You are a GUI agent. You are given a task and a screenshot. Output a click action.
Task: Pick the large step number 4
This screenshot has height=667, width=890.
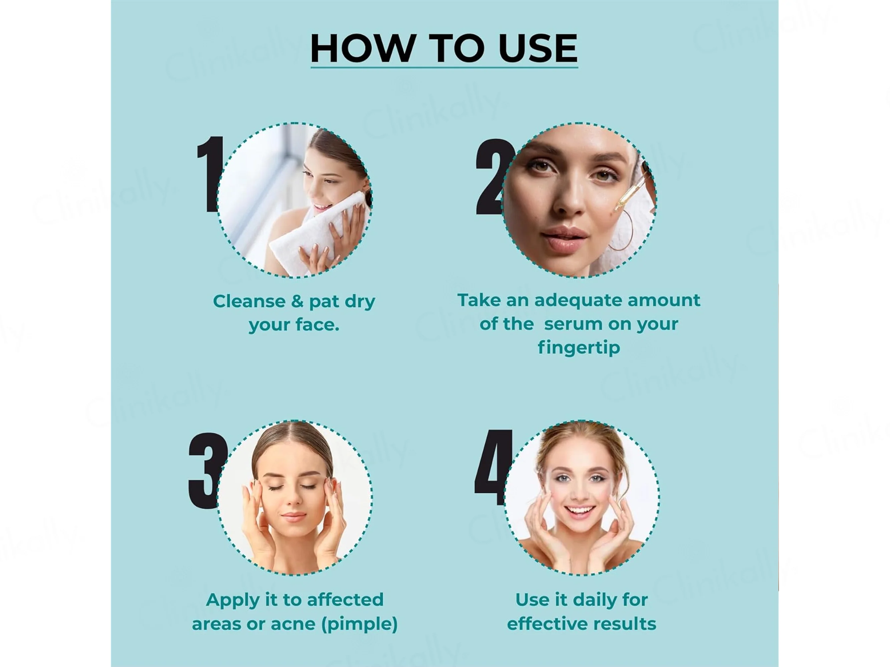[x=493, y=467]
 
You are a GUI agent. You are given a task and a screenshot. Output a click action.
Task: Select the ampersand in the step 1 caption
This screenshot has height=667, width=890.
[x=297, y=301]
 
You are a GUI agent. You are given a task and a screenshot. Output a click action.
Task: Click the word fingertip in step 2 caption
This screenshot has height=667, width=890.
[x=579, y=348]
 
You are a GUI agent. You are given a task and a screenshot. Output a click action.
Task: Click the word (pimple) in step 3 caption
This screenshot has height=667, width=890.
[x=359, y=624]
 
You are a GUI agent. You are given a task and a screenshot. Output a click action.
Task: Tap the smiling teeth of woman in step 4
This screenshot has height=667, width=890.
[x=580, y=511]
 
